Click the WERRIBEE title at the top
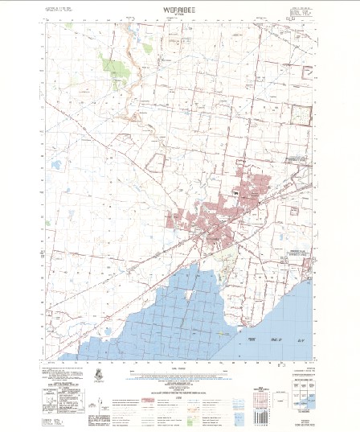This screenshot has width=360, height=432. pyautogui.click(x=180, y=11)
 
